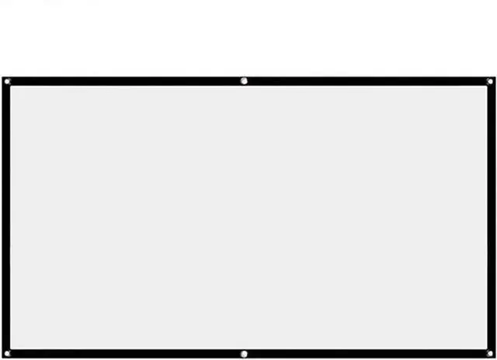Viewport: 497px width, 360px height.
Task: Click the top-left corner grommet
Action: [x=7, y=81]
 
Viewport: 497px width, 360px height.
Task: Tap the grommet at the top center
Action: [x=244, y=81]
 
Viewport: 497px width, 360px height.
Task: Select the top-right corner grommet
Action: [x=489, y=81]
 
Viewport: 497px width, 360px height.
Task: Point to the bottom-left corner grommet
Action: [x=7, y=354]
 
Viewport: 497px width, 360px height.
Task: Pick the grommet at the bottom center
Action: [x=244, y=354]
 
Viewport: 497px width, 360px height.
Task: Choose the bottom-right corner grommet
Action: [x=489, y=354]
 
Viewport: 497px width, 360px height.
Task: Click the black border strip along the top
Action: [x=124, y=81]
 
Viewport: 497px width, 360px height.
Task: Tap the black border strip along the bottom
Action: [x=124, y=354]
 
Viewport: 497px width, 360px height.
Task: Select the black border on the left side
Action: [x=6, y=217]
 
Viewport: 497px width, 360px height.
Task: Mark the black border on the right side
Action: [x=490, y=217]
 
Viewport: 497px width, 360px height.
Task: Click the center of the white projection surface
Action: [x=248, y=217]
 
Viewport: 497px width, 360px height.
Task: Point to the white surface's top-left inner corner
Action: [x=11, y=86]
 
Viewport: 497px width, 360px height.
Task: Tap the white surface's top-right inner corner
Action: [x=485, y=86]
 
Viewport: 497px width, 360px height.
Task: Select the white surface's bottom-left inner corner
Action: [x=11, y=349]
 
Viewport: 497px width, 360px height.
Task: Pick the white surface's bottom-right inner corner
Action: [x=485, y=349]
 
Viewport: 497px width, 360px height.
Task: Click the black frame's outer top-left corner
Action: [x=2, y=76]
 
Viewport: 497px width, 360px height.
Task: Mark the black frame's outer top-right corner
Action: [x=495, y=76]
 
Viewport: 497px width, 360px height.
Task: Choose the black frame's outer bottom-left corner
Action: [x=2, y=358]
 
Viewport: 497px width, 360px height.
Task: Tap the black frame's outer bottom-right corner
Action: [x=495, y=358]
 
